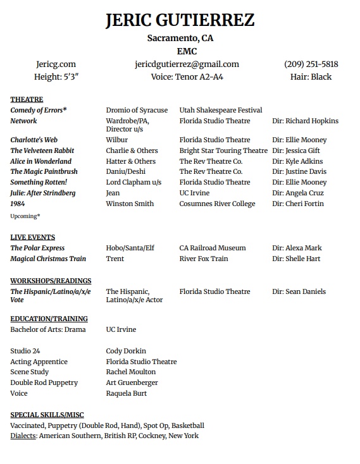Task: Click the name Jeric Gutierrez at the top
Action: [180, 20]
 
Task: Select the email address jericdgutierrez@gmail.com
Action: [187, 64]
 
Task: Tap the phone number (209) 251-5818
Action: [311, 64]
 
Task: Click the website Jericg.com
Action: [56, 64]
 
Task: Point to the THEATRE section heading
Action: [27, 99]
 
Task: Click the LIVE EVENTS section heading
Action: [32, 237]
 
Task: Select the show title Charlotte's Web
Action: [34, 140]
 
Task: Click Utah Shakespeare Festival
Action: [220, 110]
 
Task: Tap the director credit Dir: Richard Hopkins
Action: [305, 121]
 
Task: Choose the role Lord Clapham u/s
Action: [133, 182]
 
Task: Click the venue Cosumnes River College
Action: [217, 204]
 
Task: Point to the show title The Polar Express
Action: [37, 248]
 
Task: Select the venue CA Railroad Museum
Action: [213, 248]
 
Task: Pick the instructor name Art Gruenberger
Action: [132, 382]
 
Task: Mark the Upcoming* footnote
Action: [25, 216]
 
